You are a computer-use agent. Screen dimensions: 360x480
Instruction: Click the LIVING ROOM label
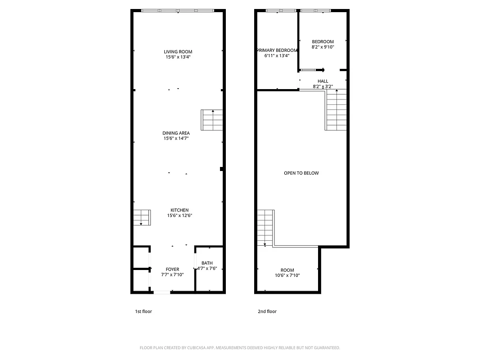pyautogui.click(x=178, y=52)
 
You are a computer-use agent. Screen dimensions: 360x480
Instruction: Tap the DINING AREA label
pyautogui.click(x=176, y=133)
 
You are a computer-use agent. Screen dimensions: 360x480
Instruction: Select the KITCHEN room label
pyautogui.click(x=179, y=210)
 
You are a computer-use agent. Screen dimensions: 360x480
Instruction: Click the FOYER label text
pyautogui.click(x=172, y=269)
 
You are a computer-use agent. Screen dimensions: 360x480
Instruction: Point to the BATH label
pyautogui.click(x=207, y=263)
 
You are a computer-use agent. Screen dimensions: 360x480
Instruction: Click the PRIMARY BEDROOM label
pyautogui.click(x=277, y=50)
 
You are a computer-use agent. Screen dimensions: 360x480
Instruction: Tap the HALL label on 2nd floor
pyautogui.click(x=323, y=81)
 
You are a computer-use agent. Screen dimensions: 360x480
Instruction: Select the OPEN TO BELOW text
pyautogui.click(x=301, y=173)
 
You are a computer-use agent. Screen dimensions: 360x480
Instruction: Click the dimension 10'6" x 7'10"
pyautogui.click(x=287, y=275)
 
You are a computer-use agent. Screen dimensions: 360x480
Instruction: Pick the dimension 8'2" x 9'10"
pyautogui.click(x=323, y=47)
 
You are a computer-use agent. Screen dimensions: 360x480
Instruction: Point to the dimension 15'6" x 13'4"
pyautogui.click(x=178, y=57)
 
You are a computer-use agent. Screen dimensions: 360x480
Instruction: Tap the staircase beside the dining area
pyautogui.click(x=212, y=120)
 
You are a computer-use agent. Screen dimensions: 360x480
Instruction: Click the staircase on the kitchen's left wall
pyautogui.click(x=141, y=217)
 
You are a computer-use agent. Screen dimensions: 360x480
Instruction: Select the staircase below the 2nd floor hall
pyautogui.click(x=336, y=110)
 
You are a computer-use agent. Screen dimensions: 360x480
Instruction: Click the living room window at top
pyautogui.click(x=178, y=10)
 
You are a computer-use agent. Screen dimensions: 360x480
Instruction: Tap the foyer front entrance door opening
pyautogui.click(x=162, y=292)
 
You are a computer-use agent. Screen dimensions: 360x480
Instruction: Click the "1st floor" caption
pyautogui.click(x=144, y=311)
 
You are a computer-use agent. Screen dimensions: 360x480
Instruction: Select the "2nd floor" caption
pyautogui.click(x=267, y=311)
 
